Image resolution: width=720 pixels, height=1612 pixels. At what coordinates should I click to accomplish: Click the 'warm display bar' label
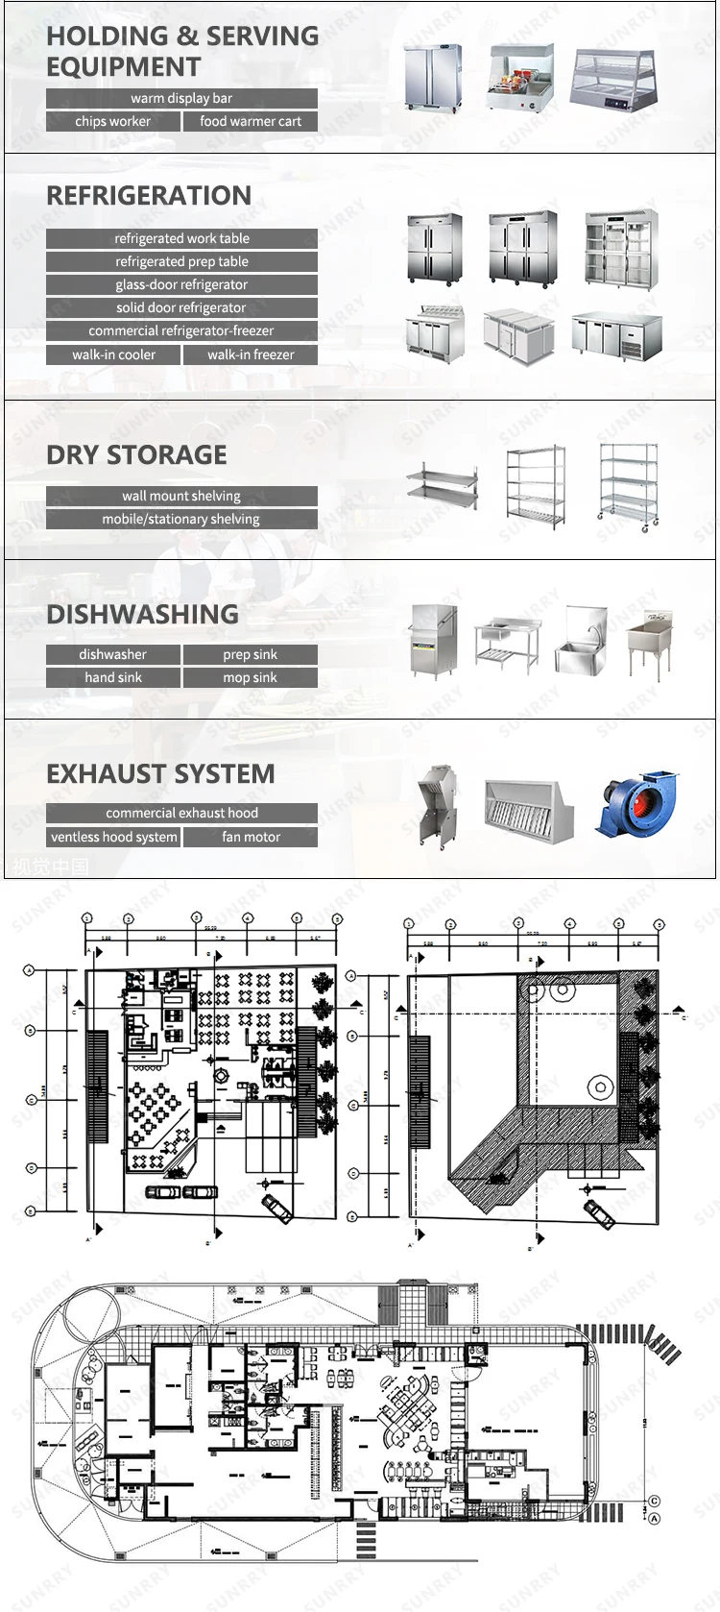point(181,98)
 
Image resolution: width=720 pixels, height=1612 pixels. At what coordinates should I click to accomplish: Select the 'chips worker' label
point(113,121)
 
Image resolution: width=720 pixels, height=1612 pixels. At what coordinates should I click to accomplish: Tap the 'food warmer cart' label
point(251,121)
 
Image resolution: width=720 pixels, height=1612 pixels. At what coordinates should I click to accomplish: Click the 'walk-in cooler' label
point(113,354)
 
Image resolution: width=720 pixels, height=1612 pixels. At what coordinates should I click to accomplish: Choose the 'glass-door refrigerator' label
point(181,284)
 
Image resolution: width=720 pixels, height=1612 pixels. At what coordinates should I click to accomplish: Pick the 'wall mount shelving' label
point(181,496)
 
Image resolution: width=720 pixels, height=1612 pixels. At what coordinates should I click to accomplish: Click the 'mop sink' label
point(251,677)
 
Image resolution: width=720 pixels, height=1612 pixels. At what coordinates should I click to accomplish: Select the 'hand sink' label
point(113,677)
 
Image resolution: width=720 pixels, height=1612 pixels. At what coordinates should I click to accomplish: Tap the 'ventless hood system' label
point(113,837)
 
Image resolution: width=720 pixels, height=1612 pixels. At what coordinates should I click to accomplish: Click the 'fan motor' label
point(251,837)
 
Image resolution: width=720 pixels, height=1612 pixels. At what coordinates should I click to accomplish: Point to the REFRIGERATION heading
point(149,196)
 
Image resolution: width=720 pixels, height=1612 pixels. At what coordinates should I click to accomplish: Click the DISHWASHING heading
point(142,615)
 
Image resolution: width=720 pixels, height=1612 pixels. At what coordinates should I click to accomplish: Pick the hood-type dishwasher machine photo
point(429,640)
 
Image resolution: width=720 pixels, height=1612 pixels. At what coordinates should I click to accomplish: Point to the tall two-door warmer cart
point(433,77)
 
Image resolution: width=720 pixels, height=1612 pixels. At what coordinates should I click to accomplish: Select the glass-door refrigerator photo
point(621,247)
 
